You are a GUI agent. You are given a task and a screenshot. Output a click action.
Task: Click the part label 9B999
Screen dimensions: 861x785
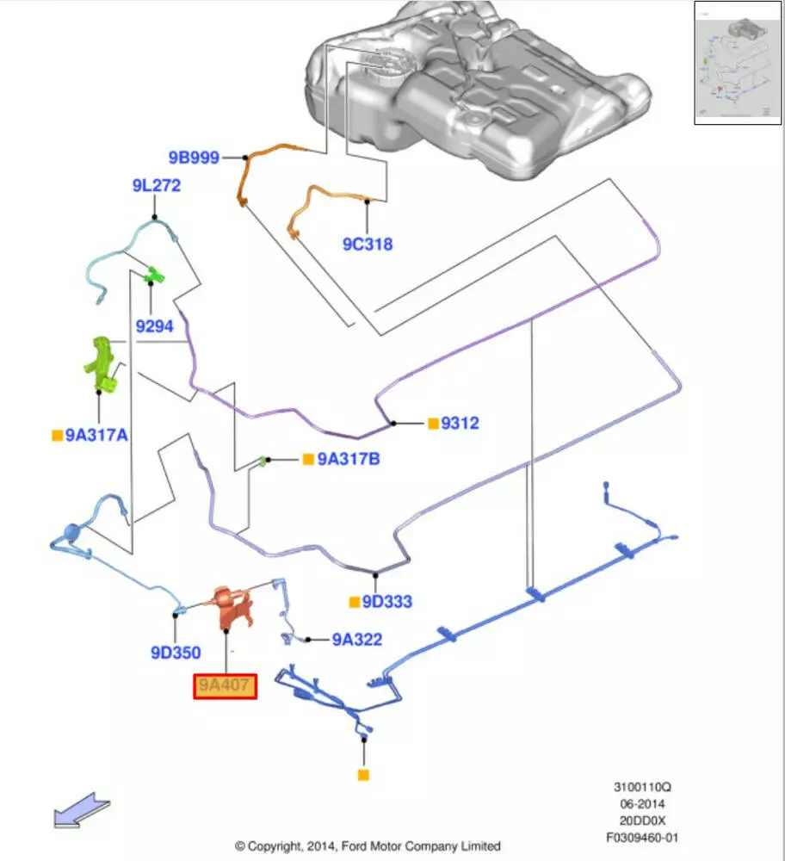(x=193, y=158)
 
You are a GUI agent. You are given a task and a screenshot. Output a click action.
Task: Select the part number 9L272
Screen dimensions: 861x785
(x=156, y=185)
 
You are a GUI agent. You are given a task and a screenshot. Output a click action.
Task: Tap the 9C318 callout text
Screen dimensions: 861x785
(x=367, y=245)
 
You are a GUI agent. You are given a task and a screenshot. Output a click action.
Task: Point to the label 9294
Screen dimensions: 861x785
(x=154, y=326)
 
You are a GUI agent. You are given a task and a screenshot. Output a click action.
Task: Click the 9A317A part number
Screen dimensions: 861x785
(x=96, y=436)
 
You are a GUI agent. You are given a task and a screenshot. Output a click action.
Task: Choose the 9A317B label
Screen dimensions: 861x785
(x=348, y=460)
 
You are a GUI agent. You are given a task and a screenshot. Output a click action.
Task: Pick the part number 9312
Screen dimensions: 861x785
(x=460, y=424)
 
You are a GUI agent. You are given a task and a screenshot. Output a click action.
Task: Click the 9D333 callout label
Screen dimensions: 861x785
(x=386, y=602)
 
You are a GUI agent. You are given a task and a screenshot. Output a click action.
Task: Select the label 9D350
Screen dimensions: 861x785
(x=176, y=653)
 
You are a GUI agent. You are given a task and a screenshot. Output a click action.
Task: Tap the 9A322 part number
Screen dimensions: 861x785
(x=357, y=640)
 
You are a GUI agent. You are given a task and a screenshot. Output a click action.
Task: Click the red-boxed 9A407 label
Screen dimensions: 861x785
(x=225, y=686)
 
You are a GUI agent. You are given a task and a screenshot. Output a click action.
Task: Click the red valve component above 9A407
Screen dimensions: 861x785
(x=232, y=606)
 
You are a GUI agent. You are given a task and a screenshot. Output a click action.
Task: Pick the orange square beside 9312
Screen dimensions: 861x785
(x=432, y=424)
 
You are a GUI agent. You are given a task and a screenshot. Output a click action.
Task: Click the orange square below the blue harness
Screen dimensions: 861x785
(x=363, y=775)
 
